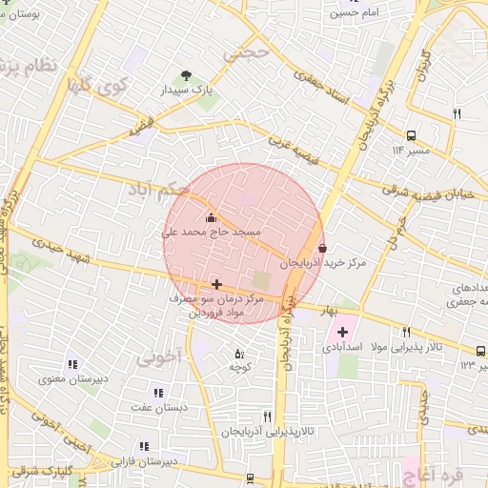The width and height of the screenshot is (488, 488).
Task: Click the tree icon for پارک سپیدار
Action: click(x=186, y=75)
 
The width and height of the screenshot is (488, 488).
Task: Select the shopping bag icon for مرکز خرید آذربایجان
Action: click(x=322, y=248)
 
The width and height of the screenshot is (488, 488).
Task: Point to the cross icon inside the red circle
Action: click(x=216, y=284)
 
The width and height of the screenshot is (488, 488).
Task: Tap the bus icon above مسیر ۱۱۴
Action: click(x=411, y=135)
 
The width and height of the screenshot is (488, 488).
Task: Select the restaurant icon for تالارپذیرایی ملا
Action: click(x=406, y=332)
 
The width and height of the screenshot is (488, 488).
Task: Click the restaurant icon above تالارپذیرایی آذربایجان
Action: click(x=267, y=417)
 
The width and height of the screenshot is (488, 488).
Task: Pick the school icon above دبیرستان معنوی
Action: click(x=72, y=363)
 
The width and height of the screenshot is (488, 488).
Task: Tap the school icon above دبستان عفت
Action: click(x=158, y=392)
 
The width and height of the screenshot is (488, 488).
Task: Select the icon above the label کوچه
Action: click(x=238, y=354)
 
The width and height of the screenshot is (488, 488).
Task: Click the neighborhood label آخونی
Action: click(x=158, y=358)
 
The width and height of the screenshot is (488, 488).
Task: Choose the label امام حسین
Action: click(x=355, y=13)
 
